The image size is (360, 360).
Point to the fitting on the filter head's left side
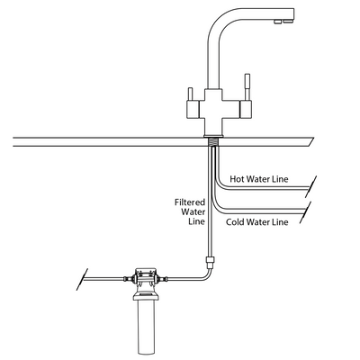tap(126, 278)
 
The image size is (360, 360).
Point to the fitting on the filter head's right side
tap(167, 278)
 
